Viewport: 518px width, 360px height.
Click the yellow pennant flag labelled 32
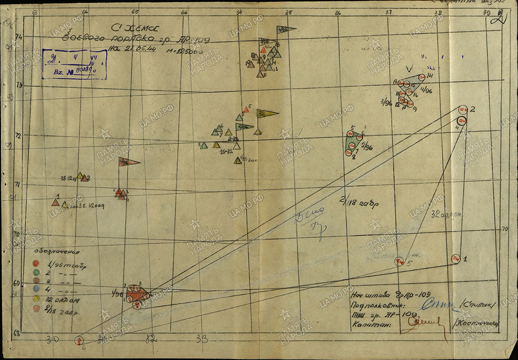tap(267, 113)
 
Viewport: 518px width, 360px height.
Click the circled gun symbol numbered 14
tap(422, 77)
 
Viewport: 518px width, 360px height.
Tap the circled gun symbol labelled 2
tap(463, 109)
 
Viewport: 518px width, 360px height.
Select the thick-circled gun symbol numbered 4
tap(461, 121)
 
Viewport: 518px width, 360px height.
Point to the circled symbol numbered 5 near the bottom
tap(400, 262)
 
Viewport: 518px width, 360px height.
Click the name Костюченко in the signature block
tap(476, 323)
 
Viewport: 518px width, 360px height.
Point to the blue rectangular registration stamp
tap(75, 63)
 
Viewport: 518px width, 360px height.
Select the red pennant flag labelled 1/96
tap(129, 161)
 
